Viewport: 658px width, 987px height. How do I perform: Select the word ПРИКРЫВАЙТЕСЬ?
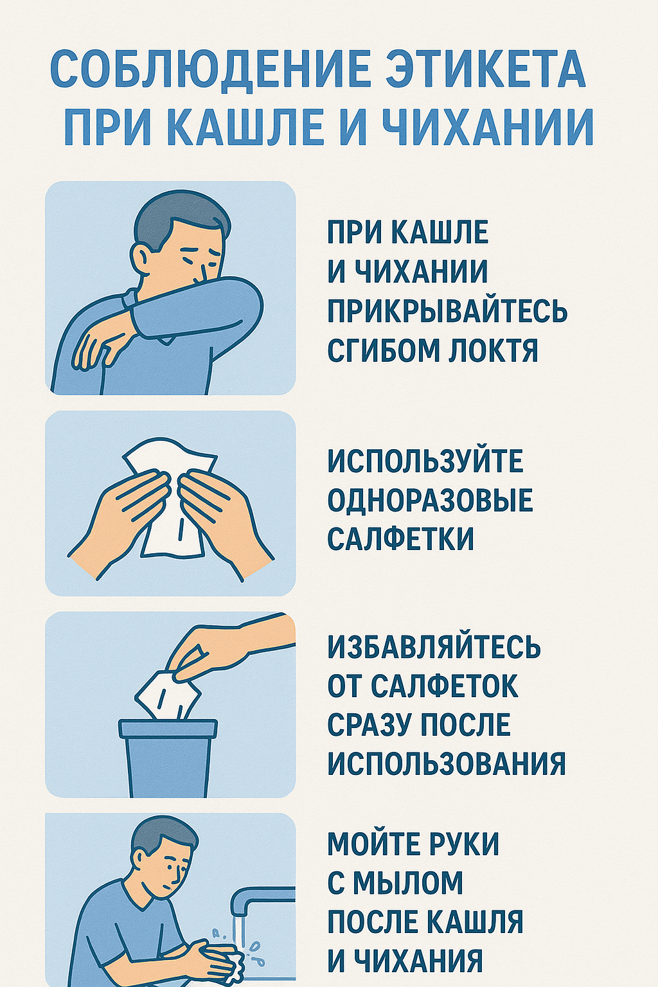pyautogui.click(x=447, y=311)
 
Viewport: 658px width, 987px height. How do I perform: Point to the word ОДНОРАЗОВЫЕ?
pyautogui.click(x=430, y=500)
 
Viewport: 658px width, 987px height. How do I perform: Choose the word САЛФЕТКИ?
pyautogui.click(x=400, y=538)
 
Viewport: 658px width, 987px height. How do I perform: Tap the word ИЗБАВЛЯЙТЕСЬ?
pyautogui.click(x=434, y=648)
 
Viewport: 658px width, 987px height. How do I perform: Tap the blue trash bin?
pyautogui.click(x=168, y=758)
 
